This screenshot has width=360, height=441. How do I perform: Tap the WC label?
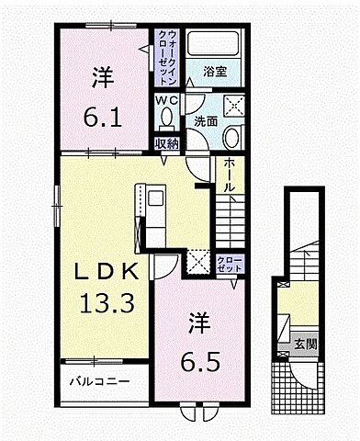pos(165,99)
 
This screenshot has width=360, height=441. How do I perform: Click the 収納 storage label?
pos(166,143)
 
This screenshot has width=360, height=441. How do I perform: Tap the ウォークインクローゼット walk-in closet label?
pos(167,53)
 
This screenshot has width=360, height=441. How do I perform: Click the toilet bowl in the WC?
pos(166,118)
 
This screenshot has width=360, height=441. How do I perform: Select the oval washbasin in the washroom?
pos(231,138)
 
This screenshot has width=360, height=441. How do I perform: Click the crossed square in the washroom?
pos(233,105)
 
